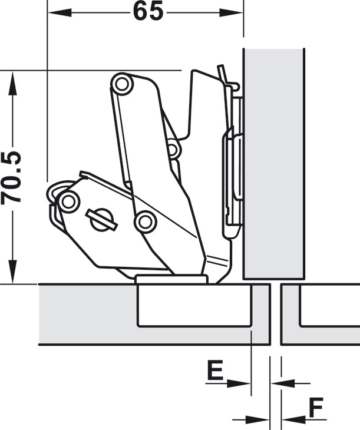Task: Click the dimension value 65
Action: [147, 11]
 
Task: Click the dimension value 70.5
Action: [12, 177]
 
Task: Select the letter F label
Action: [316, 406]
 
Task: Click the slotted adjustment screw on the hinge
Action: [100, 217]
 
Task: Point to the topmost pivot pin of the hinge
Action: [123, 83]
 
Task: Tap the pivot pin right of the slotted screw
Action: [144, 221]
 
